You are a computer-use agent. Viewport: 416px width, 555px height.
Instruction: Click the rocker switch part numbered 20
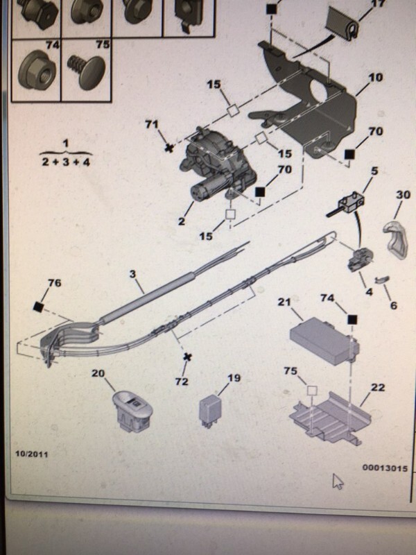(133, 411)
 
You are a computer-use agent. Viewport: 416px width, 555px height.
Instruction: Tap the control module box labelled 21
(324, 340)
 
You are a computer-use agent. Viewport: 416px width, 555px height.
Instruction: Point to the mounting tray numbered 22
(331, 418)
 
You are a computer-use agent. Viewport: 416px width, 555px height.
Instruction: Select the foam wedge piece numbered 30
(396, 239)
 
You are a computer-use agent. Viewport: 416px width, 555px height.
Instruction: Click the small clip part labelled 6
(381, 279)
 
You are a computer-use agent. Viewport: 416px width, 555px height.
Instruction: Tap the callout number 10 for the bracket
(375, 77)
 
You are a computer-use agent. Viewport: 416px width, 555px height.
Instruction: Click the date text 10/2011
(31, 454)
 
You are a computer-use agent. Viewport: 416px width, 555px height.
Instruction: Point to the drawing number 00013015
(385, 468)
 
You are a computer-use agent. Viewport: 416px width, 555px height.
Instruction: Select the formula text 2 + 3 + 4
(66, 162)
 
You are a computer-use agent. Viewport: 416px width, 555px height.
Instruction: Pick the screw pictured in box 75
(87, 71)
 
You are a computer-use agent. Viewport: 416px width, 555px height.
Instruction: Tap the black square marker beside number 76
(38, 307)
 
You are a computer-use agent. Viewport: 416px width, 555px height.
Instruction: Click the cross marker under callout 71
(169, 148)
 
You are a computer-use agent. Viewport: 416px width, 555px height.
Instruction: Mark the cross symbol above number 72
(187, 357)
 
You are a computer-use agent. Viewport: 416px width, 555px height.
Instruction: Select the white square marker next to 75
(311, 391)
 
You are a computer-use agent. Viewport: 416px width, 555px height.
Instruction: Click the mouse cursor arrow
(338, 481)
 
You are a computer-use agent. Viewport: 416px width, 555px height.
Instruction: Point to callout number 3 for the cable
(132, 273)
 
